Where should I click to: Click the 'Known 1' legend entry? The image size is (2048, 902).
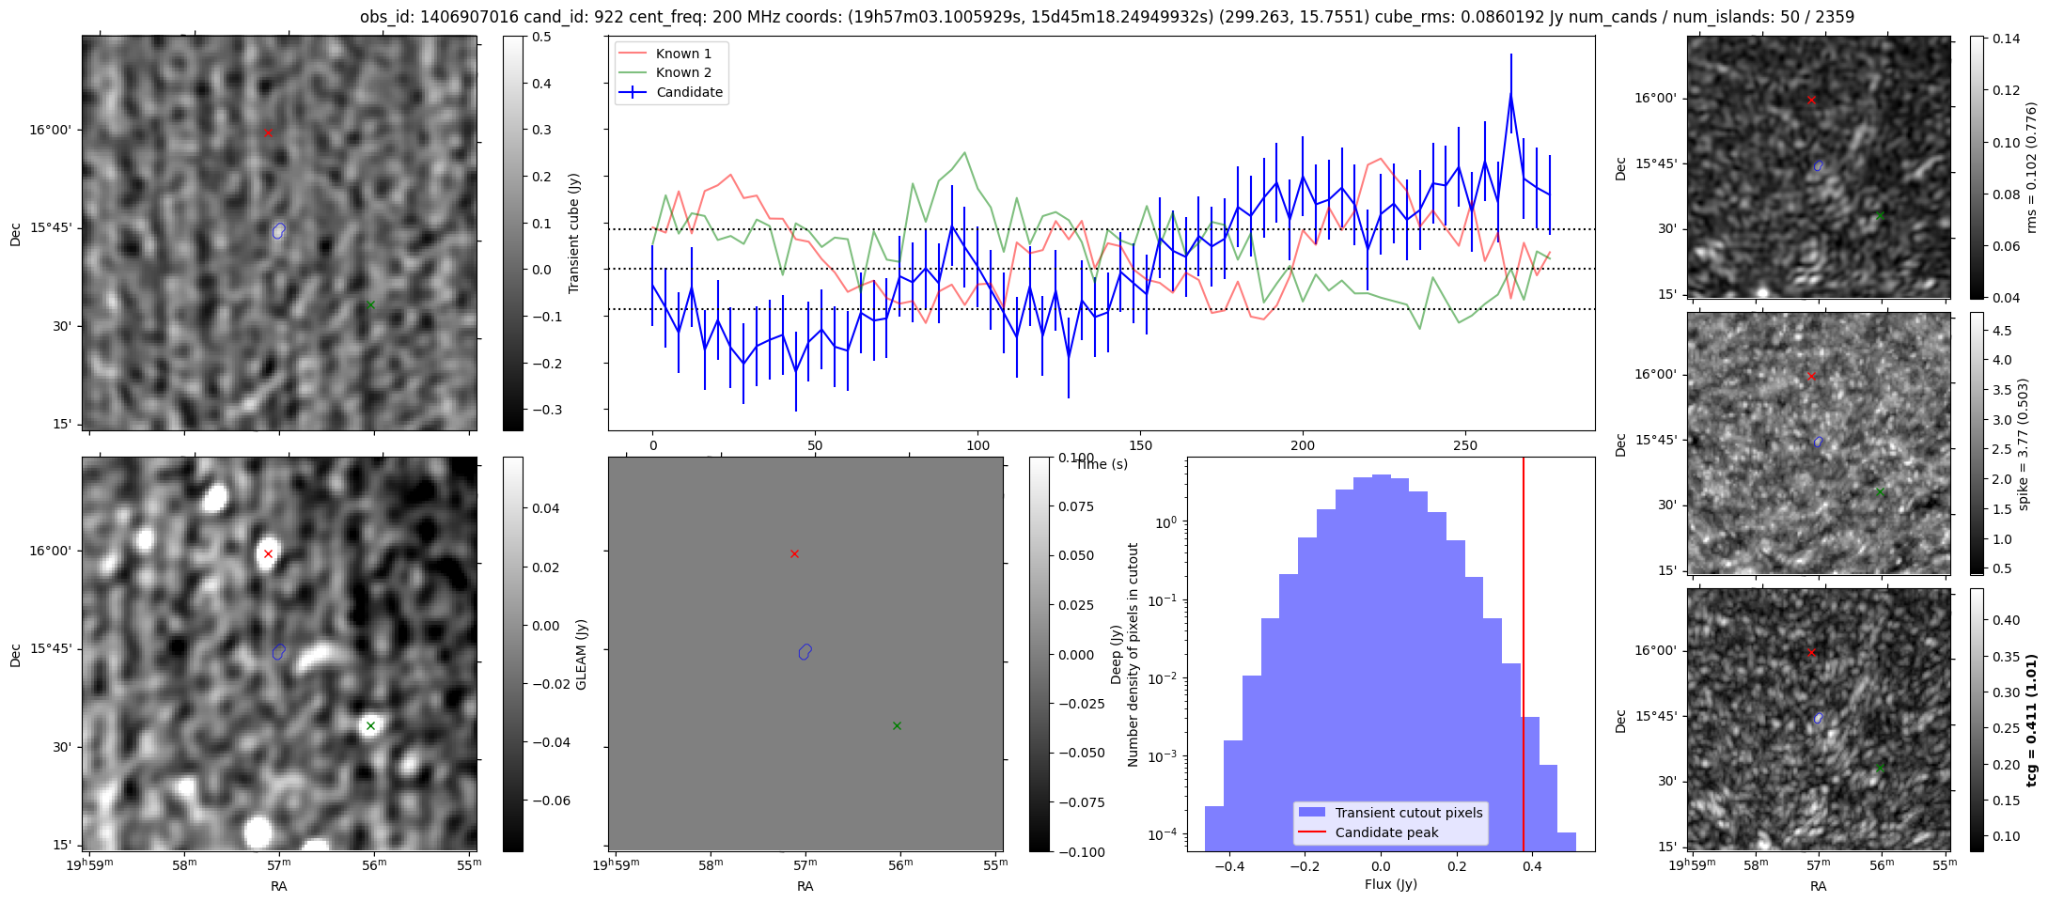682,54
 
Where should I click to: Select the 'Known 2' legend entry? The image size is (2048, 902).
682,72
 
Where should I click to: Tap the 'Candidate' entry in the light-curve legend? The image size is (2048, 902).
689,92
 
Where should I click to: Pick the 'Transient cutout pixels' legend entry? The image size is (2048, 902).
1408,813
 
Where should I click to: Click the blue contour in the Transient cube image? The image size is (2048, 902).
278,230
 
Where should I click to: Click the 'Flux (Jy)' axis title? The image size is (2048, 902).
1390,884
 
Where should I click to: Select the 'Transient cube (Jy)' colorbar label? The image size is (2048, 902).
573,233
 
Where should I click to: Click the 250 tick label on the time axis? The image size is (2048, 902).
1464,445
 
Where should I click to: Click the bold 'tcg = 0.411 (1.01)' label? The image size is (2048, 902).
2031,720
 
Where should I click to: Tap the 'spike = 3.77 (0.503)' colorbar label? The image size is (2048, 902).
2024,443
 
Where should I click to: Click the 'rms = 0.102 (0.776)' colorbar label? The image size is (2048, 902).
2031,167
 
